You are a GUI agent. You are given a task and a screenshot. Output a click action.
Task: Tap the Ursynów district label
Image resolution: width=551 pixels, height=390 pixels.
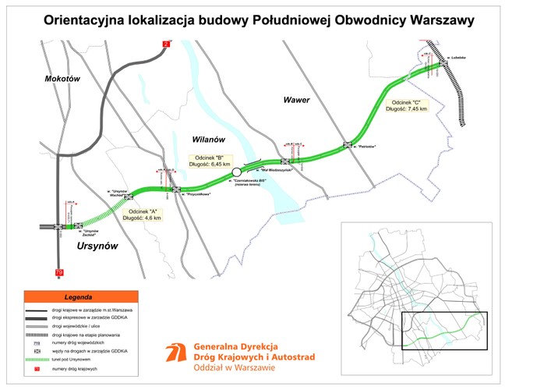click(97, 246)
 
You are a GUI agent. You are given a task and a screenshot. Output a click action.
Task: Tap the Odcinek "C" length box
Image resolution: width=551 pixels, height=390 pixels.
click(406, 105)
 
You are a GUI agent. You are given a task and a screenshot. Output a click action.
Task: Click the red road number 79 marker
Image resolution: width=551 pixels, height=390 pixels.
click(59, 272)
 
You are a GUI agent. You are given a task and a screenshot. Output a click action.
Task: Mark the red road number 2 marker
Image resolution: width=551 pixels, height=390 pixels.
click(166, 44)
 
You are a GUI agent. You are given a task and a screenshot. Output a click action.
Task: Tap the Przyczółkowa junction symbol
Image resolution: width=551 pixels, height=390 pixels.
click(177, 188)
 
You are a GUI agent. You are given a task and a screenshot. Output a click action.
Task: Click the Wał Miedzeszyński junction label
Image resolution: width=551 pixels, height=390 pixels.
click(275, 170)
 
